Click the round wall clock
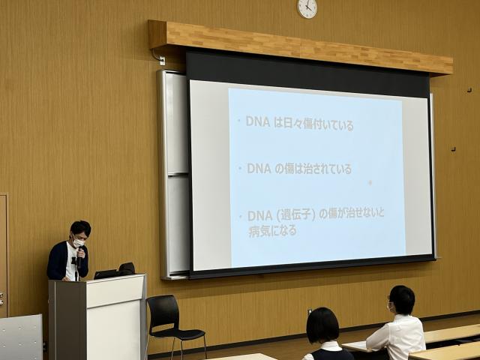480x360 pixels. pos(307,8)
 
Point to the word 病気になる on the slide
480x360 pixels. pos(272,231)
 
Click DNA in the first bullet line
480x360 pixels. pos(258,121)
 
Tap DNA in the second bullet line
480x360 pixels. pos(259,169)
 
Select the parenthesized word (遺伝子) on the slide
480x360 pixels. pos(296,215)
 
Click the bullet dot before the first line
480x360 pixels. pos(240,121)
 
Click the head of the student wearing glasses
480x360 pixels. pos(401,300)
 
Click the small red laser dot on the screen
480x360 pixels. pos(370,182)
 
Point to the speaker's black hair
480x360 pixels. pos(81,228)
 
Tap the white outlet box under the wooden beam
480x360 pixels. pos(162,61)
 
